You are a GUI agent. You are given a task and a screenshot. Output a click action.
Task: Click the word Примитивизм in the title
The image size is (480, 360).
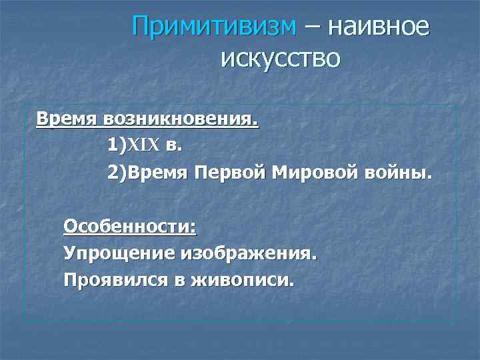click(213, 27)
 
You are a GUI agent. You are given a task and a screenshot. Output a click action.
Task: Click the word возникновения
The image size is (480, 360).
click(180, 121)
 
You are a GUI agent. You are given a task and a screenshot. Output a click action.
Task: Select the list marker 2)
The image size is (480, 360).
click(117, 174)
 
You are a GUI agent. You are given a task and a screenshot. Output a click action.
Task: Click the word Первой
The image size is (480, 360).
click(231, 174)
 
